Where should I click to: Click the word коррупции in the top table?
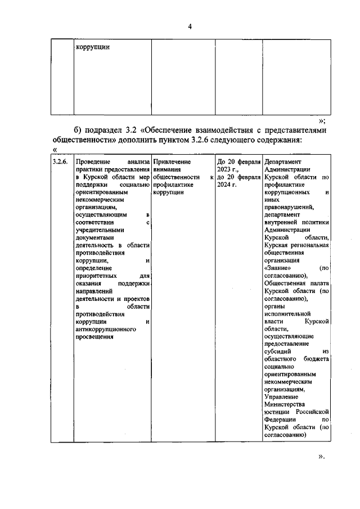[92, 47]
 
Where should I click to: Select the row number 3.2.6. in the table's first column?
[60, 162]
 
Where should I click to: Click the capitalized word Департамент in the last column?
[283, 162]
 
